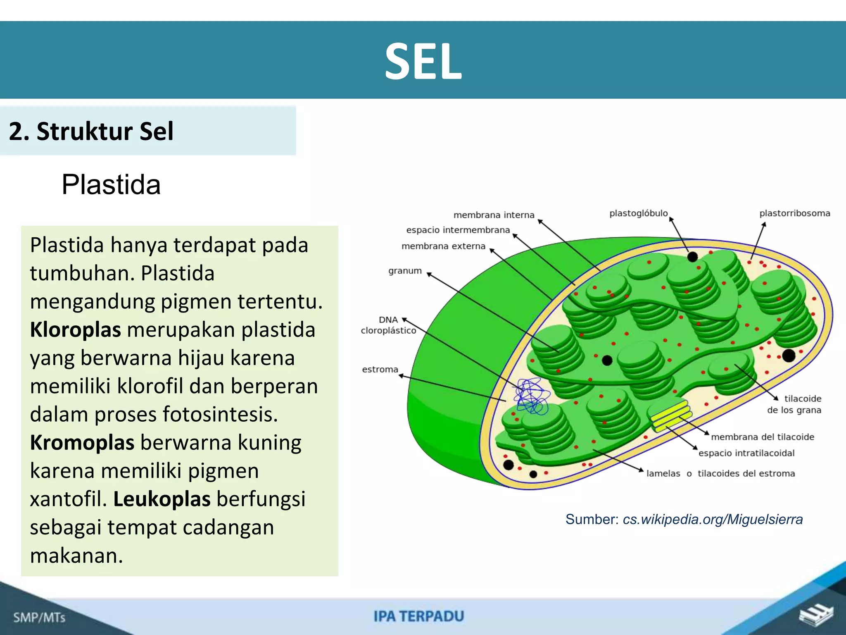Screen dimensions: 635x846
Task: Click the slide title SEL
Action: coord(423,62)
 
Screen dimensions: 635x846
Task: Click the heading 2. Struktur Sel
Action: coord(91,131)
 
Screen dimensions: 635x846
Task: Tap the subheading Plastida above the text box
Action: coord(111,184)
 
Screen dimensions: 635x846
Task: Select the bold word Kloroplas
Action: coord(75,330)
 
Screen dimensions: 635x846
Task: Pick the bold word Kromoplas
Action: coord(82,443)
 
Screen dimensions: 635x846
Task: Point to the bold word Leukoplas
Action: coord(162,499)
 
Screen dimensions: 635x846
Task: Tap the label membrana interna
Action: coord(494,215)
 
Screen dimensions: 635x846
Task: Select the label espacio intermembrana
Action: coord(458,230)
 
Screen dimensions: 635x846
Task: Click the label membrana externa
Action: coord(443,246)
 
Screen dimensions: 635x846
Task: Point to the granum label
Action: coord(405,271)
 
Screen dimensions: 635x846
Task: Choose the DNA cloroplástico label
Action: coord(388,325)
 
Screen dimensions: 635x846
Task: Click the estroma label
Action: coord(380,370)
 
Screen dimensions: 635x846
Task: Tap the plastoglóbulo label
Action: coord(638,213)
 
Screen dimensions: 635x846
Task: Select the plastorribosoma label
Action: coord(794,213)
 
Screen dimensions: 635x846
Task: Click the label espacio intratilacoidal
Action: coord(746,453)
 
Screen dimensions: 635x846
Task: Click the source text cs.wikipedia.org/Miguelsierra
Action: coord(713,519)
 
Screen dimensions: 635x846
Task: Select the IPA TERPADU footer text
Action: coord(419,616)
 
